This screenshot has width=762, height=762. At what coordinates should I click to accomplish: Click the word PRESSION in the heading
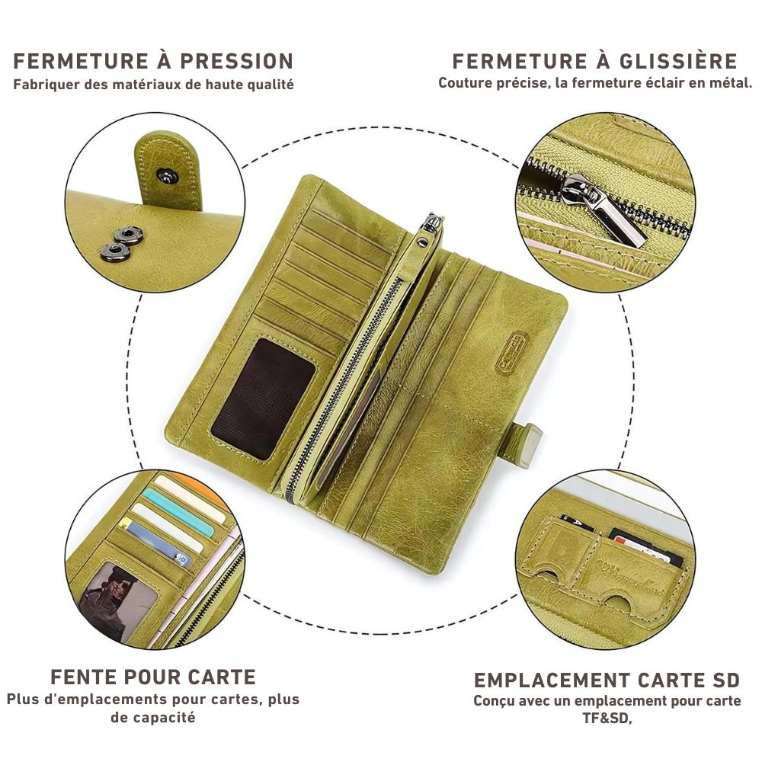tap(237, 61)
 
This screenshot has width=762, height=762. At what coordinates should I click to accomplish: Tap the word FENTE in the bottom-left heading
tap(84, 677)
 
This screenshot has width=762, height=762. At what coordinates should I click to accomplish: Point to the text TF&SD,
tap(607, 718)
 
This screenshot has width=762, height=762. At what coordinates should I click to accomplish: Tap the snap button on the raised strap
tap(168, 177)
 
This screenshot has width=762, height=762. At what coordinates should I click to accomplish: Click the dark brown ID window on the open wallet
tap(263, 399)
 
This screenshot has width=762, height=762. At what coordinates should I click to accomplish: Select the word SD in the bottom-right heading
tap(724, 680)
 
